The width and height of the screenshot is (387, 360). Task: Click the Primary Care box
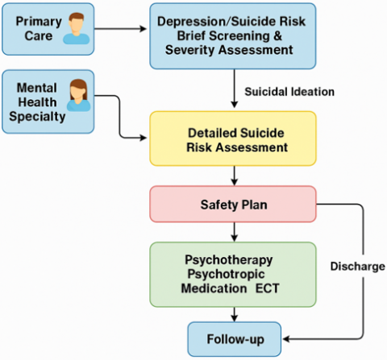[48, 29]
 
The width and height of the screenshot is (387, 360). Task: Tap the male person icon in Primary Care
[77, 28]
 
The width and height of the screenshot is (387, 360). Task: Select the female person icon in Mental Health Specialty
[78, 95]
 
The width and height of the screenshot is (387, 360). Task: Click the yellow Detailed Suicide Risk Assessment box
[233, 139]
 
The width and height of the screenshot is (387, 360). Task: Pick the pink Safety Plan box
[233, 204]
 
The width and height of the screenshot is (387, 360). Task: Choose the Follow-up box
[235, 339]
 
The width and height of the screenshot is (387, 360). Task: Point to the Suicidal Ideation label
[289, 92]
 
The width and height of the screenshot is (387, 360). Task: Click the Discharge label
[357, 267]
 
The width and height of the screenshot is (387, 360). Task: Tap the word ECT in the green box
[267, 288]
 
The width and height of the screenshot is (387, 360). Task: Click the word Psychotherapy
[229, 260]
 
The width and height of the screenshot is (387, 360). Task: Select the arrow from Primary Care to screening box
[120, 29]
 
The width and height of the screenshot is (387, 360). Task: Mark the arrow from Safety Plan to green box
[235, 232]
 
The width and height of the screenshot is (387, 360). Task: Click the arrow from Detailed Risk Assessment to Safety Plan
[235, 176]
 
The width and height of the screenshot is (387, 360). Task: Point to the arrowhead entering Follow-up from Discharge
[286, 339]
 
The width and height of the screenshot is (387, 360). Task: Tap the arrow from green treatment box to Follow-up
[235, 314]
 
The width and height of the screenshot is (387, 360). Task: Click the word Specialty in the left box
[37, 117]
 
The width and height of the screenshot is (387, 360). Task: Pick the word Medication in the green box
[214, 288]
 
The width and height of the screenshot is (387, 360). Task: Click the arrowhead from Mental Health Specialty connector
[144, 138]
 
